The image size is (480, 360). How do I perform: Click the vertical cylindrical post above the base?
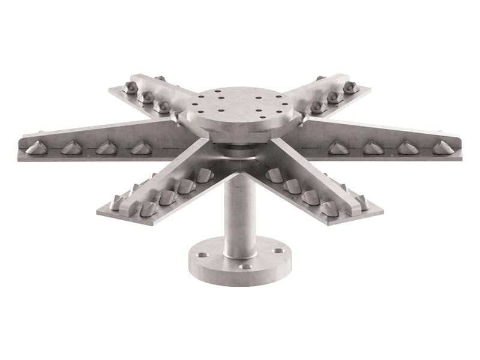click(x=239, y=210)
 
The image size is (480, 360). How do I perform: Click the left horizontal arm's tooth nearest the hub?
click(x=140, y=147)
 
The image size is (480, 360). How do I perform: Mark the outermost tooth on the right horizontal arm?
click(x=442, y=146)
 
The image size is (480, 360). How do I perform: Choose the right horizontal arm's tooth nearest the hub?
click(x=340, y=148)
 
